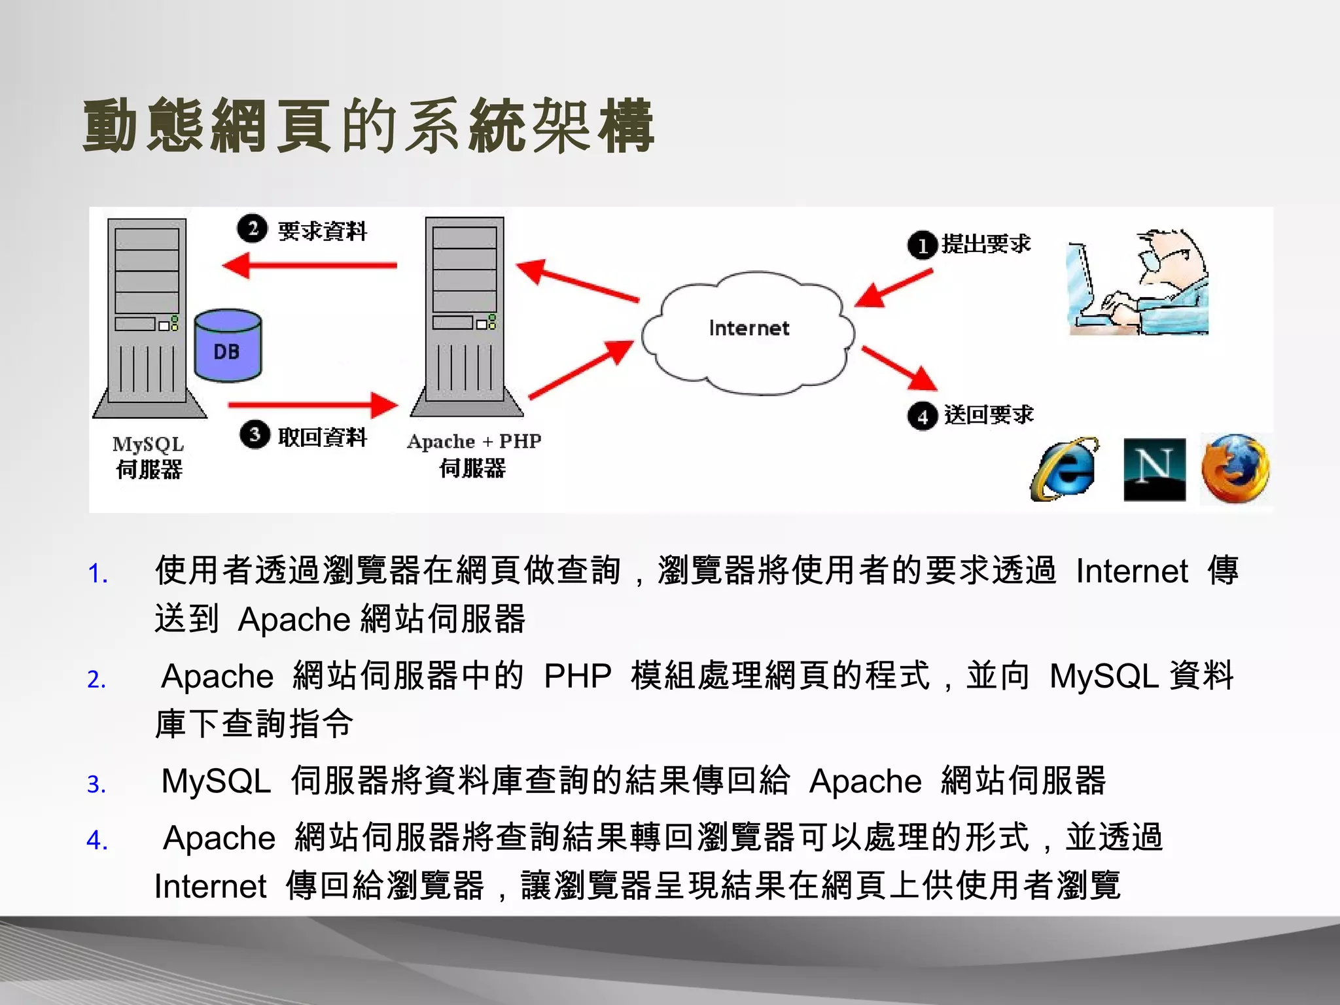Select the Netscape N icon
click(x=1154, y=470)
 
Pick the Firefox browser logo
click(x=1235, y=468)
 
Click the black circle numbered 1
click(x=923, y=246)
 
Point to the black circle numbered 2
click(x=252, y=229)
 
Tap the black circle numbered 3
click(x=255, y=434)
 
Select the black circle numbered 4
click(x=923, y=416)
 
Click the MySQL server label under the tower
click(x=149, y=457)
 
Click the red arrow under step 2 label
click(x=310, y=266)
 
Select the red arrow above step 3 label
click(x=313, y=405)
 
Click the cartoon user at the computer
click(x=1138, y=283)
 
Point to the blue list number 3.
click(x=96, y=784)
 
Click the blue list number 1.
click(x=97, y=574)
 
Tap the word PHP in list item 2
click(x=577, y=676)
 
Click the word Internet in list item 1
click(x=1131, y=571)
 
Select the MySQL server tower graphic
click(x=149, y=317)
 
